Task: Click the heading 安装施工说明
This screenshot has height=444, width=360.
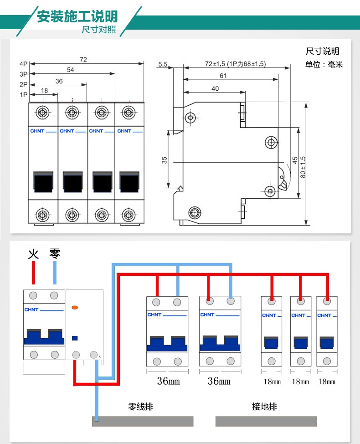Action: pos(77,16)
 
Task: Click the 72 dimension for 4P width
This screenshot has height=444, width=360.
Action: pos(83,59)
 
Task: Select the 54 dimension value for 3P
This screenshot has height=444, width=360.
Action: pos(70,70)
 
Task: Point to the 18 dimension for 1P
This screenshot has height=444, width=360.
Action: pos(44,91)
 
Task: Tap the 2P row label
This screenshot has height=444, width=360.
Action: pos(24,84)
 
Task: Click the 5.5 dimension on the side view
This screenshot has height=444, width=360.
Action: pos(163,64)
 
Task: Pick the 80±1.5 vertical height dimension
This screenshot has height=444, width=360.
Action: pos(303,167)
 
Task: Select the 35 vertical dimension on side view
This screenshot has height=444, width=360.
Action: pos(165,160)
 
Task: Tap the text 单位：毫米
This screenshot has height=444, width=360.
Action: pos(324,65)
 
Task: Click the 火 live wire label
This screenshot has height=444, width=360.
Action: pos(33,254)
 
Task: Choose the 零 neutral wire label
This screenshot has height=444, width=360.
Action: pos(55,254)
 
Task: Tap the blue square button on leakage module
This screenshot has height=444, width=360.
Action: pos(75,338)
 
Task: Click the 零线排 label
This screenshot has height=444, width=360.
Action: pos(140,406)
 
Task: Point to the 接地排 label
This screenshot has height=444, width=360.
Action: pos(264,406)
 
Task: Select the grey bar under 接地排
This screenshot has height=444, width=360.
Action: pos(266,421)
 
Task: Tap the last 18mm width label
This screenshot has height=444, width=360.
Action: pos(327,382)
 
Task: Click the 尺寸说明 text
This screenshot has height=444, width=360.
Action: pos(322,51)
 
